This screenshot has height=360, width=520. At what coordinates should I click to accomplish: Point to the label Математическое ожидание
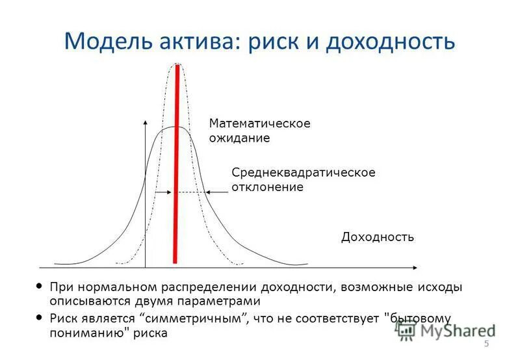pyautogui.click(x=259, y=131)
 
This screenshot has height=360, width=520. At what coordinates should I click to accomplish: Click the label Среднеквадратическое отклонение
pyautogui.click(x=303, y=179)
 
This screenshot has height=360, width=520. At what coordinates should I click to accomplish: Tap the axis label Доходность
pyautogui.click(x=378, y=237)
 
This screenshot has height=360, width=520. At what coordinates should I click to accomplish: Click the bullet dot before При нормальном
pyautogui.click(x=41, y=287)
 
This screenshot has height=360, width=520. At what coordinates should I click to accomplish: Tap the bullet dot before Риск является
pyautogui.click(x=41, y=318)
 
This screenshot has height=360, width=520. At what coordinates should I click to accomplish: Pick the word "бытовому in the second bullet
pyautogui.click(x=417, y=318)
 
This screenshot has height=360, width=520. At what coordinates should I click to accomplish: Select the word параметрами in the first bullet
pyautogui.click(x=222, y=302)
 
